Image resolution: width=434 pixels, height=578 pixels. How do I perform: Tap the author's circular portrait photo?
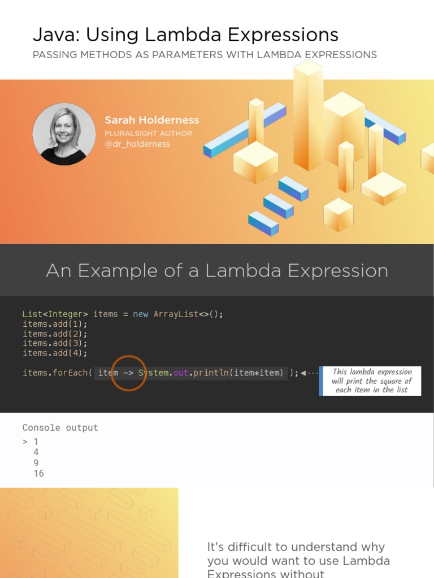pyautogui.click(x=64, y=134)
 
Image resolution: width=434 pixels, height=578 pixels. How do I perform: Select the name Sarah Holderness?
pyautogui.click(x=151, y=120)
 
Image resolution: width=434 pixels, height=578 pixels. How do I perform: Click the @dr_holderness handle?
pyautogui.click(x=137, y=144)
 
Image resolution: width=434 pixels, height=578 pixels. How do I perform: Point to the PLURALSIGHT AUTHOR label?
pyautogui.click(x=148, y=133)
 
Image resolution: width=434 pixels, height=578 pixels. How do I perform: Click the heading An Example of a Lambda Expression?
pyautogui.click(x=217, y=271)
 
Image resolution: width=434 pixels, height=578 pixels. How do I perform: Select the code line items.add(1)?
pyautogui.click(x=55, y=324)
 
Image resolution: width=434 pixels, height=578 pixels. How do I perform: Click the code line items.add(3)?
pyautogui.click(x=55, y=343)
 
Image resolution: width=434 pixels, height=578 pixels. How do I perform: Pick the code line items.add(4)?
pyautogui.click(x=55, y=353)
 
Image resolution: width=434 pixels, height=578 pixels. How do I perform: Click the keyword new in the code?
pyautogui.click(x=141, y=314)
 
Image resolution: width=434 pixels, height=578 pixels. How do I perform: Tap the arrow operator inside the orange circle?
pyautogui.click(x=128, y=373)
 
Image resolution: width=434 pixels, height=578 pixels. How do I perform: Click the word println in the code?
pyautogui.click(x=211, y=373)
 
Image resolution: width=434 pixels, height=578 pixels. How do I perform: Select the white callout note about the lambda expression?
pyautogui.click(x=372, y=380)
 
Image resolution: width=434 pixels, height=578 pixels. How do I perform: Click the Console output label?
pyautogui.click(x=60, y=427)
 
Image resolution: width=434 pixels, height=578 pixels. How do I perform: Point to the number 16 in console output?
pyautogui.click(x=38, y=473)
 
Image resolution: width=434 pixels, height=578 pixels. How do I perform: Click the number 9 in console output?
pyautogui.click(x=36, y=463)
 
